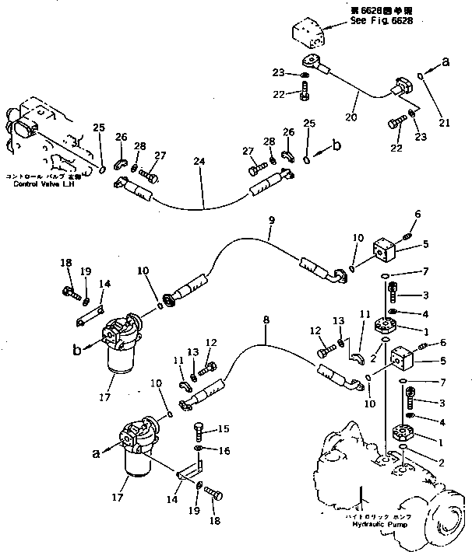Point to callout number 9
(x=270, y=220)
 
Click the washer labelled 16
(x=200, y=449)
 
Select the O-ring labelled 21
(x=421, y=76)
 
